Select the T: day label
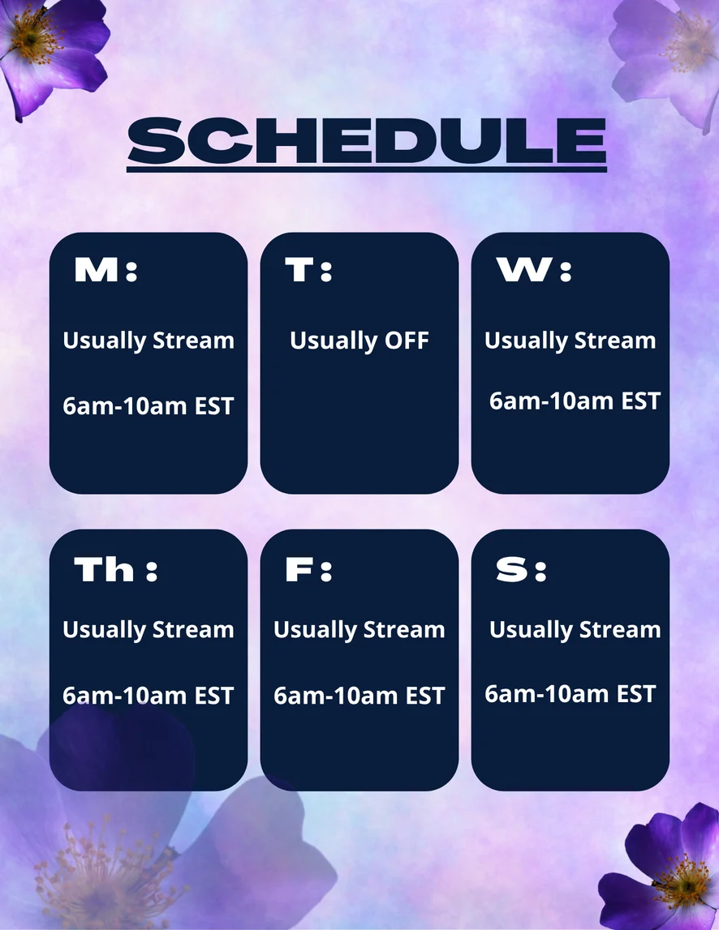tap(308, 270)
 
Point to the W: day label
tap(534, 270)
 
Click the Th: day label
tap(116, 569)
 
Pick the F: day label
tap(308, 569)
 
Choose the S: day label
tap(521, 569)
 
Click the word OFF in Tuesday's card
tap(407, 341)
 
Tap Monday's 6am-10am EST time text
tap(148, 406)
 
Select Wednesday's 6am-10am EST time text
tap(575, 401)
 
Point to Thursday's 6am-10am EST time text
tap(148, 696)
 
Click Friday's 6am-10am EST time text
tap(359, 696)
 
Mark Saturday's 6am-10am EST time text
tap(570, 693)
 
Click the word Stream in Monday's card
tap(194, 341)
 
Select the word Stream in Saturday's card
tap(620, 629)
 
